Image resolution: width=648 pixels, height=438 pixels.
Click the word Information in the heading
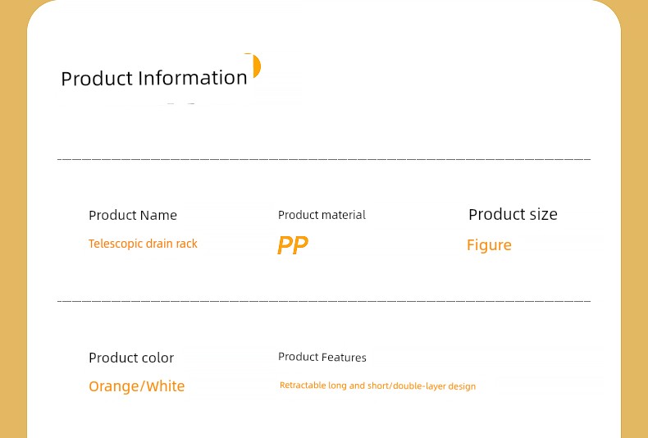(x=193, y=77)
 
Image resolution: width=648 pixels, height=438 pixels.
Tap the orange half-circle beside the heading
(x=257, y=66)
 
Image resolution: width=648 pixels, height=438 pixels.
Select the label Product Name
(x=133, y=215)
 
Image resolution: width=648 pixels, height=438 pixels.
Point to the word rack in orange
(x=187, y=244)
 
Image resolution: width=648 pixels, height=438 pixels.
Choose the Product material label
(x=322, y=215)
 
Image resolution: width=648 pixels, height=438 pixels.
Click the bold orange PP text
(x=293, y=245)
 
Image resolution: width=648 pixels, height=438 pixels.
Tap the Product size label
(x=513, y=214)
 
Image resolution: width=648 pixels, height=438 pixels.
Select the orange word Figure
(x=489, y=245)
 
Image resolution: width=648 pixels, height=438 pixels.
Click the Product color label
(x=131, y=358)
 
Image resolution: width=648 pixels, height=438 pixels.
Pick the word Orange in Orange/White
(x=114, y=386)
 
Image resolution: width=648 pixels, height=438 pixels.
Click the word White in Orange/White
(x=166, y=386)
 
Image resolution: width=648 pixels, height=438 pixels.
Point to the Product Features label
(x=322, y=357)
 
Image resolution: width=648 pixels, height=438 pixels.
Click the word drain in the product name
(x=159, y=244)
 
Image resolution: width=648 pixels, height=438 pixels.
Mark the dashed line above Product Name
(x=324, y=158)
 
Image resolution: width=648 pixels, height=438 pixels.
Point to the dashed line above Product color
(x=324, y=301)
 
